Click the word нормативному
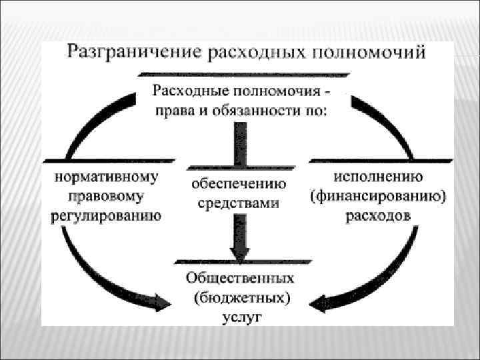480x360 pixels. click(107, 177)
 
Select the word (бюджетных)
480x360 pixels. click(241, 297)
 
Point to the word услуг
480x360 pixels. click(241, 317)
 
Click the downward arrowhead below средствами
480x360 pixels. click(239, 251)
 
